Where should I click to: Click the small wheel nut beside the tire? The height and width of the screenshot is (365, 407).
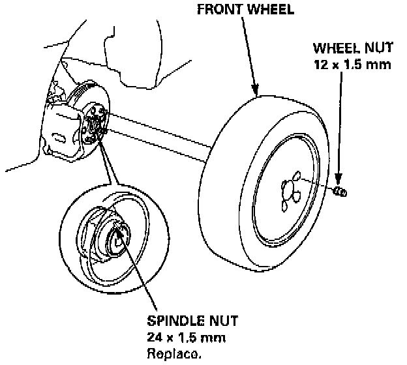[340, 191]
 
